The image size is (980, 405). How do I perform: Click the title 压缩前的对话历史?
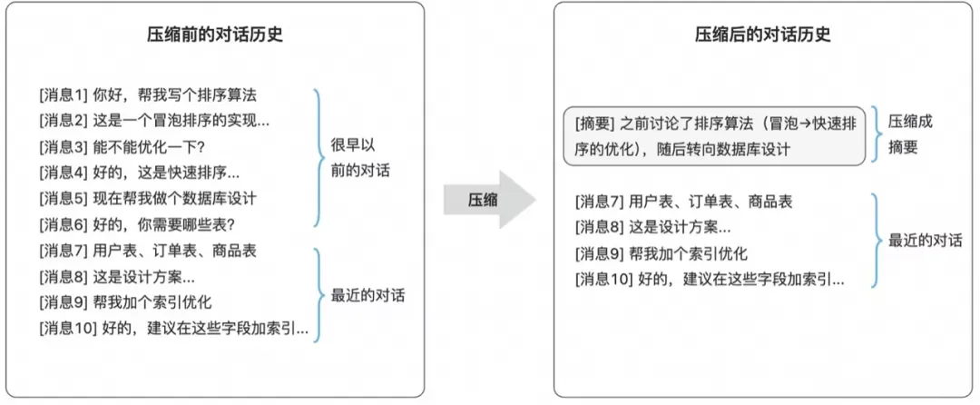click(x=214, y=35)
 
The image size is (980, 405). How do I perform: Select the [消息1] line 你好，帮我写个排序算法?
click(x=151, y=94)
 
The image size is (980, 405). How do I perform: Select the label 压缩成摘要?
click(x=910, y=133)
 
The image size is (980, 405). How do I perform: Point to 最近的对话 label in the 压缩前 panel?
click(x=367, y=295)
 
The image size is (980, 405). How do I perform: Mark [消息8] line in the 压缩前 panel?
click(x=117, y=277)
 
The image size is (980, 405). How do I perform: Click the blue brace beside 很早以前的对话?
click(x=318, y=158)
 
